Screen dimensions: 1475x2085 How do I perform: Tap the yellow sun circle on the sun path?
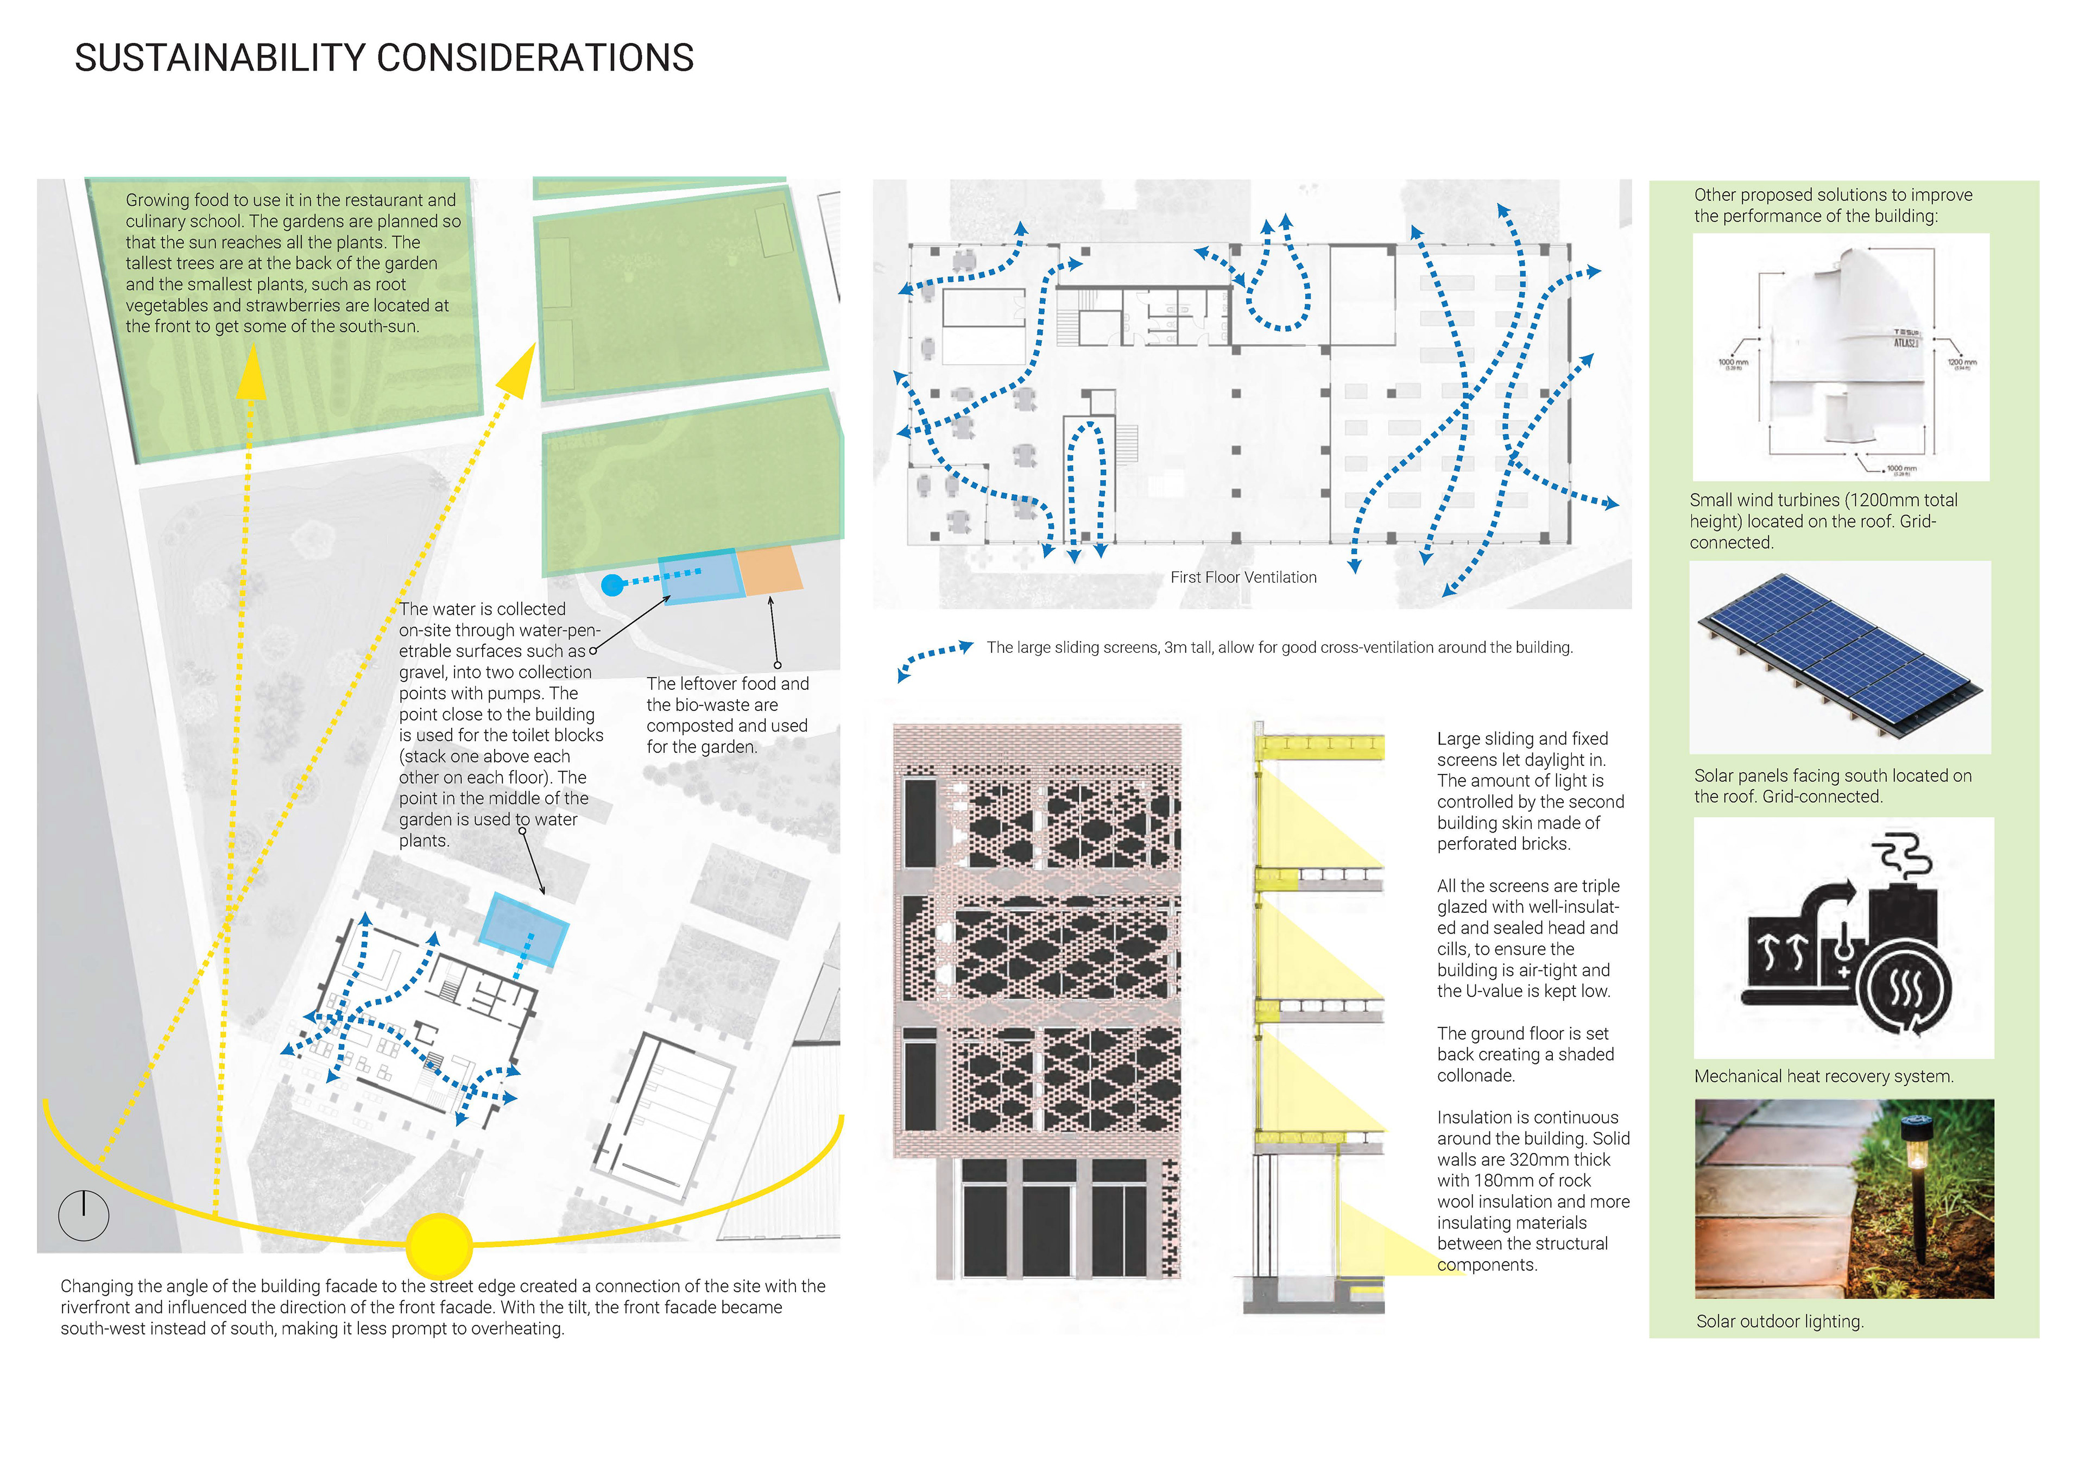click(439, 1246)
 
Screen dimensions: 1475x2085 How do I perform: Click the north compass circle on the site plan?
click(84, 1215)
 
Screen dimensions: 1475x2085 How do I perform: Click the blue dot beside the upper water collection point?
click(613, 585)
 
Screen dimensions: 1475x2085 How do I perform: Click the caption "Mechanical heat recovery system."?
click(1823, 1076)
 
